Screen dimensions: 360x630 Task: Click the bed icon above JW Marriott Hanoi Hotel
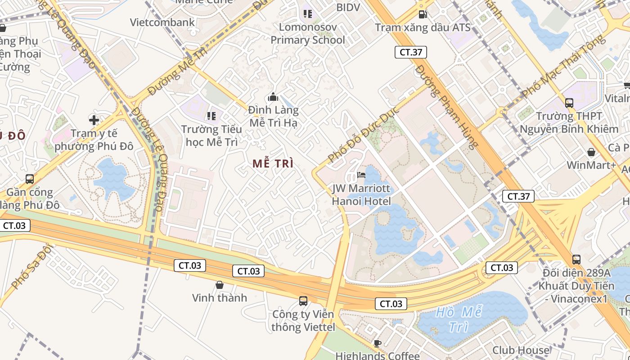(361, 175)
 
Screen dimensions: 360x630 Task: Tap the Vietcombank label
(162, 22)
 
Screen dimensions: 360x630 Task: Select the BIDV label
(348, 7)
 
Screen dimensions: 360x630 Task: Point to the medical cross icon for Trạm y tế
(94, 120)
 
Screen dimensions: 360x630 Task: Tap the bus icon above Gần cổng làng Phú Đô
(30, 179)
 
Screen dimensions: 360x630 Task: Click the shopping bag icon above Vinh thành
(220, 284)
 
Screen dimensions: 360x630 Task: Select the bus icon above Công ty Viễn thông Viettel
(303, 301)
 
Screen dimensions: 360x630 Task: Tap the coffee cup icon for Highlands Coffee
(378, 344)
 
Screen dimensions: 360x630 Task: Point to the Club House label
(521, 350)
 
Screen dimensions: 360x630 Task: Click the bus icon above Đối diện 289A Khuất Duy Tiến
(576, 259)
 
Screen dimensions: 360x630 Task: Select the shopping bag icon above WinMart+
(591, 152)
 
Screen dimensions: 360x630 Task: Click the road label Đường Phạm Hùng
(446, 107)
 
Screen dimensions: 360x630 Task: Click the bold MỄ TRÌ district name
(273, 163)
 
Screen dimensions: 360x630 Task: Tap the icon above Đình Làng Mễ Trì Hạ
(273, 97)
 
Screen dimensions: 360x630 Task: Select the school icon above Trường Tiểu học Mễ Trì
(211, 116)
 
